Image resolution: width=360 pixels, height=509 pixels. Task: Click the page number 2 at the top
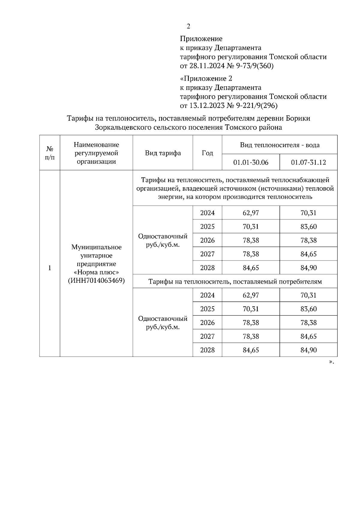188,27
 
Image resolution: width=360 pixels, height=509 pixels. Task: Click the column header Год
207,153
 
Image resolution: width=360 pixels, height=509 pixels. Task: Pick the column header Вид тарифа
163,153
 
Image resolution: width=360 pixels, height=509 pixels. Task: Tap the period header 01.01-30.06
251,163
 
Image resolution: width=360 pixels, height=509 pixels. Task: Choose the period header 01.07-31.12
308,163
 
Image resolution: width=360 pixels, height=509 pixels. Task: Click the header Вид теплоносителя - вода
280,145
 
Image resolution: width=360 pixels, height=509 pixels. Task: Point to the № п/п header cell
50,153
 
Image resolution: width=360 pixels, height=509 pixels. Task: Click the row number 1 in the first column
50,268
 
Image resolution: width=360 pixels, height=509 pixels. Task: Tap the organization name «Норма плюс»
97,272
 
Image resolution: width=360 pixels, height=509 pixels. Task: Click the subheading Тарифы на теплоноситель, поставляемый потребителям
235,282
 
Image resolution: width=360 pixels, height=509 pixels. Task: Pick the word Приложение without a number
201,39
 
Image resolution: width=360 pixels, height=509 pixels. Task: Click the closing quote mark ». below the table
331,362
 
